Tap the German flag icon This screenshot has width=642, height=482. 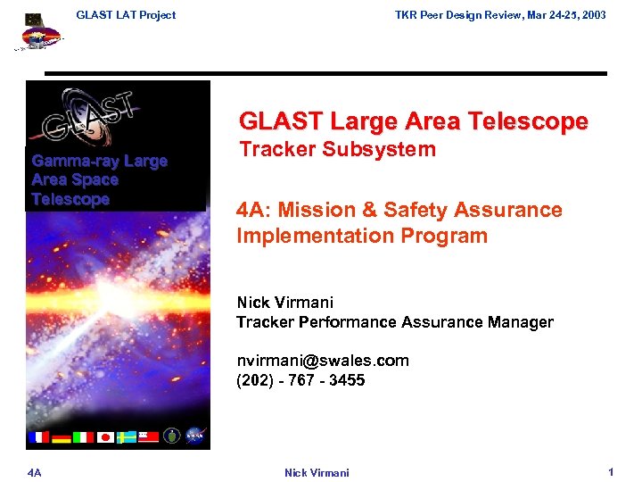pyautogui.click(x=61, y=436)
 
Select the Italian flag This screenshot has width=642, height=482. pyautogui.click(x=83, y=436)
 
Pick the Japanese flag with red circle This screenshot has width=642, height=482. pyautogui.click(x=105, y=436)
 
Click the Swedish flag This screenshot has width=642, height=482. pyautogui.click(x=127, y=436)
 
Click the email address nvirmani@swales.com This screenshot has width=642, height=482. pyautogui.click(x=322, y=361)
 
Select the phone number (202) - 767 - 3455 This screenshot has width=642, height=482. pyautogui.click(x=300, y=380)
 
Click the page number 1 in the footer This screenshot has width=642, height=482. pyautogui.click(x=611, y=471)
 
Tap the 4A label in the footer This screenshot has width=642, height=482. pyautogui.click(x=33, y=472)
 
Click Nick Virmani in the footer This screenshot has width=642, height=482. pyautogui.click(x=317, y=472)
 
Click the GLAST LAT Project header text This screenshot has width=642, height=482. pyautogui.click(x=126, y=14)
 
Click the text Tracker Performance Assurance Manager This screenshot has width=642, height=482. pyautogui.click(x=394, y=322)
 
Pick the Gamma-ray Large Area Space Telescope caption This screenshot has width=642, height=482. pyautogui.click(x=99, y=180)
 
